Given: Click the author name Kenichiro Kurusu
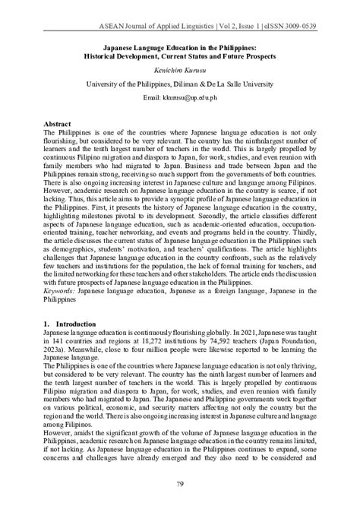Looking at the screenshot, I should pyautogui.click(x=179, y=68).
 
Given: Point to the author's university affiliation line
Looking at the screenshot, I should pyautogui.click(x=179, y=83).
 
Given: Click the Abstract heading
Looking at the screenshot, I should pyautogui.click(x=58, y=123).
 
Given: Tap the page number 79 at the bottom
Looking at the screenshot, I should pyautogui.click(x=180, y=485).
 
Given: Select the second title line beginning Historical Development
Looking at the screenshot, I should pyautogui.click(x=179, y=55).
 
